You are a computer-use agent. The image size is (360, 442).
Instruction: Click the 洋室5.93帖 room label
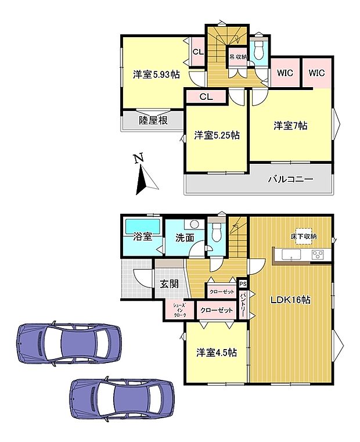[x=155, y=75]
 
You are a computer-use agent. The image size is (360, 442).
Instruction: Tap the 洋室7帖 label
[x=290, y=125]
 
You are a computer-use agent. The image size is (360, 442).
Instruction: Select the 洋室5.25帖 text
[x=217, y=135]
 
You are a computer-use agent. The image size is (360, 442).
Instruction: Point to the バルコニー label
[x=290, y=179]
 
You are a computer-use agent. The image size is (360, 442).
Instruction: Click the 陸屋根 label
[x=153, y=120]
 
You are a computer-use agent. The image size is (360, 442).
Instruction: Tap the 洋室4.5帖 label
[x=216, y=352]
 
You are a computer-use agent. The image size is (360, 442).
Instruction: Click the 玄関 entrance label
[x=168, y=284]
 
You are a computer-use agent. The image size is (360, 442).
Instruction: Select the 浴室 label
[x=142, y=237]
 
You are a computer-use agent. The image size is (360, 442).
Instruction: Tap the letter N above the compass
[x=137, y=159]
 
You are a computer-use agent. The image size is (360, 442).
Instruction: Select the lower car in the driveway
[x=122, y=400]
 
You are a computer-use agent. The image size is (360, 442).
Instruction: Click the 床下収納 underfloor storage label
[x=304, y=236]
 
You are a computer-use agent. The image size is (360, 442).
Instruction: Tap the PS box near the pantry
[x=243, y=283]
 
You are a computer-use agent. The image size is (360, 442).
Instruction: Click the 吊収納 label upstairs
[x=237, y=56]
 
